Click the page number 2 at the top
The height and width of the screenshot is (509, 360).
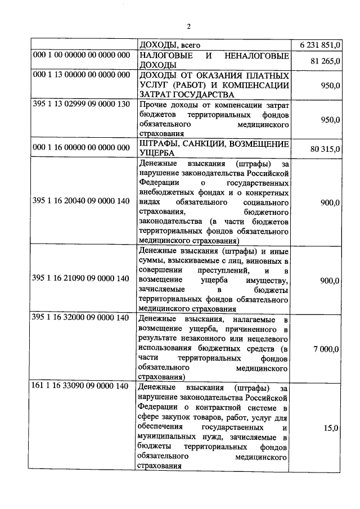(x=189, y=26)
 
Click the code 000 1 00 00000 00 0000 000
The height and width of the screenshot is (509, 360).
(x=82, y=56)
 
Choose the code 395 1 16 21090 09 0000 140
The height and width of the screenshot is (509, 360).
(x=82, y=278)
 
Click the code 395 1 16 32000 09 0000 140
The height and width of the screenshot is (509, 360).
(x=82, y=319)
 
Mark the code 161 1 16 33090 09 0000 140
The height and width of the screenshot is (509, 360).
(x=82, y=388)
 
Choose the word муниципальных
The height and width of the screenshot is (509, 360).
(x=167, y=437)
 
